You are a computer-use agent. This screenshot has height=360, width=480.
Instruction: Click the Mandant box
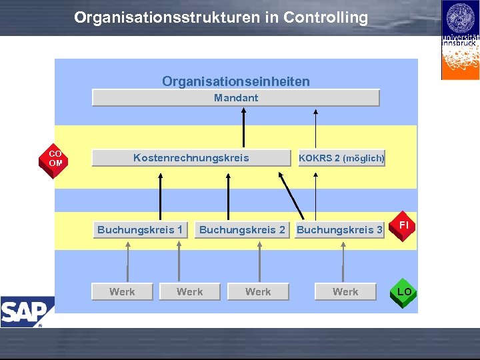[235, 98]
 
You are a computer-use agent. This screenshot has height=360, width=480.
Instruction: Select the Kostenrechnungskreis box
[191, 158]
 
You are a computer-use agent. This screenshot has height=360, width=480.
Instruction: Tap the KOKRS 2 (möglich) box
[341, 159]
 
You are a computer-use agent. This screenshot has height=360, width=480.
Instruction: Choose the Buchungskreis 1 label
[140, 230]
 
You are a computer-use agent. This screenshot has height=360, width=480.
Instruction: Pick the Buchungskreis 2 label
[242, 230]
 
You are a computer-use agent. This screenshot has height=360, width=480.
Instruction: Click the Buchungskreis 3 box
[339, 230]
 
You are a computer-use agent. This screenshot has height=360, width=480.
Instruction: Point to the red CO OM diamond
[55, 159]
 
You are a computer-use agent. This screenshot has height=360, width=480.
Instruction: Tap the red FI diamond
[403, 226]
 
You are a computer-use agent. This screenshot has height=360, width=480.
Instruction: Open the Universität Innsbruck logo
[460, 40]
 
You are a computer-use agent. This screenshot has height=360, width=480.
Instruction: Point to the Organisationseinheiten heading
[235, 81]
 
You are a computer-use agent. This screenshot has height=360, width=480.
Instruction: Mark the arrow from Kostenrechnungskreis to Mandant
[245, 128]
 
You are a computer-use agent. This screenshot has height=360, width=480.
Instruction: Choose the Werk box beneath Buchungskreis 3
[345, 292]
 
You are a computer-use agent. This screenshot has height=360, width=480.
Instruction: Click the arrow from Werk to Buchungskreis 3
[343, 261]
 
